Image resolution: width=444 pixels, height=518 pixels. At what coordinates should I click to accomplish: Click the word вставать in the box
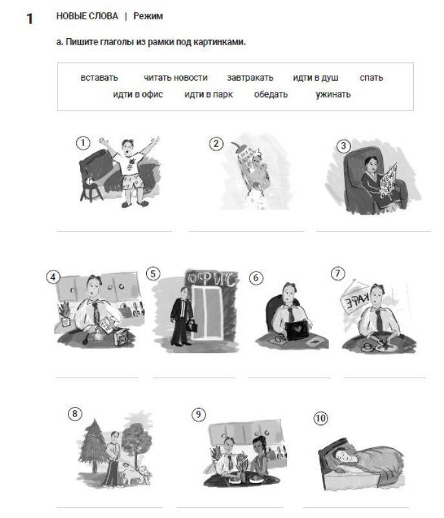(x=99, y=78)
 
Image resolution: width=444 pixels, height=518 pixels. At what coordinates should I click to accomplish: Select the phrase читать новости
(x=175, y=78)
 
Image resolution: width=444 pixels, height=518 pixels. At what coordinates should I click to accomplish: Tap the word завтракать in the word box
(x=250, y=78)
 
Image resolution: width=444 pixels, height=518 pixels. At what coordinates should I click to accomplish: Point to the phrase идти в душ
(x=315, y=78)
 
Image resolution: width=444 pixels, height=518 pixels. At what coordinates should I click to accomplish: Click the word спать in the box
(x=371, y=78)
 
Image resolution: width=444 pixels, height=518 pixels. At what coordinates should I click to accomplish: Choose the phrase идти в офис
(x=138, y=94)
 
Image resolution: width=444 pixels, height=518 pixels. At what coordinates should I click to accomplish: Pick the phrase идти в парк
(x=208, y=94)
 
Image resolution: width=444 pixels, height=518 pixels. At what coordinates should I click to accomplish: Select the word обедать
(x=271, y=94)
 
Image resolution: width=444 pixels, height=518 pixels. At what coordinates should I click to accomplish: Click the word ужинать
(x=333, y=94)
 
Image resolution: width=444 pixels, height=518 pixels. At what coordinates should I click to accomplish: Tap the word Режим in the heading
(x=148, y=16)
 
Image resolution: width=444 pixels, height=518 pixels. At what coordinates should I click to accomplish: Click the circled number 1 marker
(x=83, y=144)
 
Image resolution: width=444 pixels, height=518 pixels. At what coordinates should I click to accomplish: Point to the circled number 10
(x=321, y=418)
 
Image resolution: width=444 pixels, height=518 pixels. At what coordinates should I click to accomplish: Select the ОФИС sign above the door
(x=211, y=279)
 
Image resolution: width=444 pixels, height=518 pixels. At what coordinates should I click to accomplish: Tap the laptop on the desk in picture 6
(x=297, y=330)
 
